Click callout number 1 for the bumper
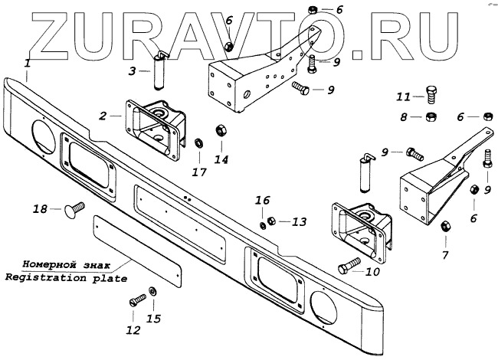(x=28, y=64)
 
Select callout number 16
(x=263, y=200)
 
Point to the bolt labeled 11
(x=431, y=97)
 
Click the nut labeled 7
(x=444, y=225)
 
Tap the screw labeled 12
(x=138, y=300)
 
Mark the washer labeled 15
(x=153, y=291)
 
